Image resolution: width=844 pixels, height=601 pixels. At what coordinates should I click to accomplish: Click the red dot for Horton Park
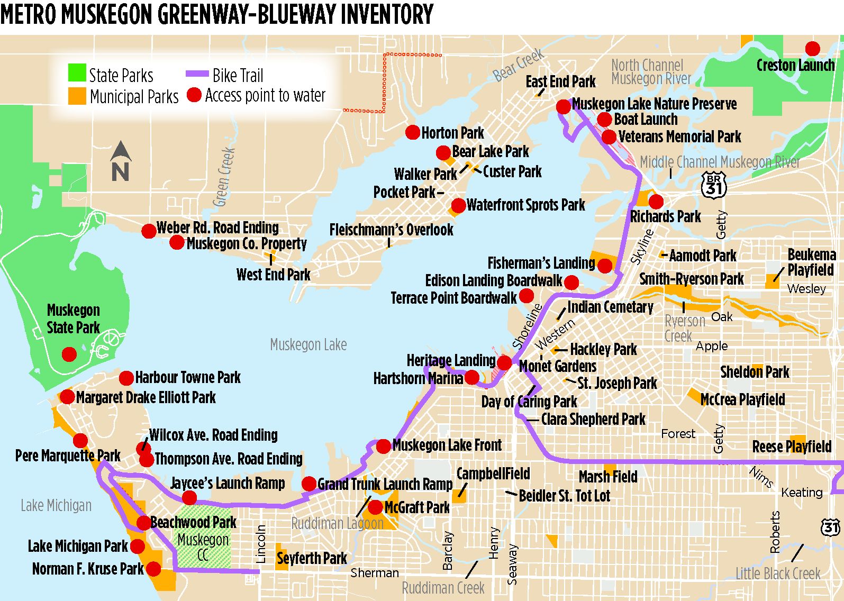point(413,132)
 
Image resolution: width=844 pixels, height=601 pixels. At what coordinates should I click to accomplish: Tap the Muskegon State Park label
point(73,318)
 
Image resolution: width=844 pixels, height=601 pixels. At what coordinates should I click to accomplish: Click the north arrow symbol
point(121,161)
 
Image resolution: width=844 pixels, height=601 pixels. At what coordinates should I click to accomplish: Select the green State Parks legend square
point(77,73)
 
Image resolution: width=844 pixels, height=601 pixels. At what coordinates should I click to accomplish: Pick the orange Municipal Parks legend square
point(77,95)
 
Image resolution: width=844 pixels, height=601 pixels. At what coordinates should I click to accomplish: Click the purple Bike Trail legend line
point(197,74)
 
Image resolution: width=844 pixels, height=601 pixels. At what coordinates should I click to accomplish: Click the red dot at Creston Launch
point(812,49)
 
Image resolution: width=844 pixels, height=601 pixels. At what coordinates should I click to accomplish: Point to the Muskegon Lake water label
point(308,345)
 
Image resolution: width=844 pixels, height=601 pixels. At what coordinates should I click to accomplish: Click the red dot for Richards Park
point(656,202)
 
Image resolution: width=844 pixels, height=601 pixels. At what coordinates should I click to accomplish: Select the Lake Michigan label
point(56,506)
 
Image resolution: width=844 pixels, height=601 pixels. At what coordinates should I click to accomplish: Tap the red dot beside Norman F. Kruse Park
point(153,569)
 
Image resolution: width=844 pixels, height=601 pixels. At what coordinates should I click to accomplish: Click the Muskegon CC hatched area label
point(203,547)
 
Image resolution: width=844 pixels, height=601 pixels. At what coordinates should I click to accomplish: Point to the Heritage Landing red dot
point(504,362)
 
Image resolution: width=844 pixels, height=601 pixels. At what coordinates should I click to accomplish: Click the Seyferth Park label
point(312,558)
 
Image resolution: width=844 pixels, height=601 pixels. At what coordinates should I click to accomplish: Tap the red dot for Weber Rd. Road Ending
point(149,231)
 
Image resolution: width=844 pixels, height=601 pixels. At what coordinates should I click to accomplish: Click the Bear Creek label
point(519,65)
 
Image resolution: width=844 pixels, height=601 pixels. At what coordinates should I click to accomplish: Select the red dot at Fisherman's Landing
point(604,265)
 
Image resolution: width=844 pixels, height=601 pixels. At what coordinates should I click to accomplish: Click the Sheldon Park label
point(754,372)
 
